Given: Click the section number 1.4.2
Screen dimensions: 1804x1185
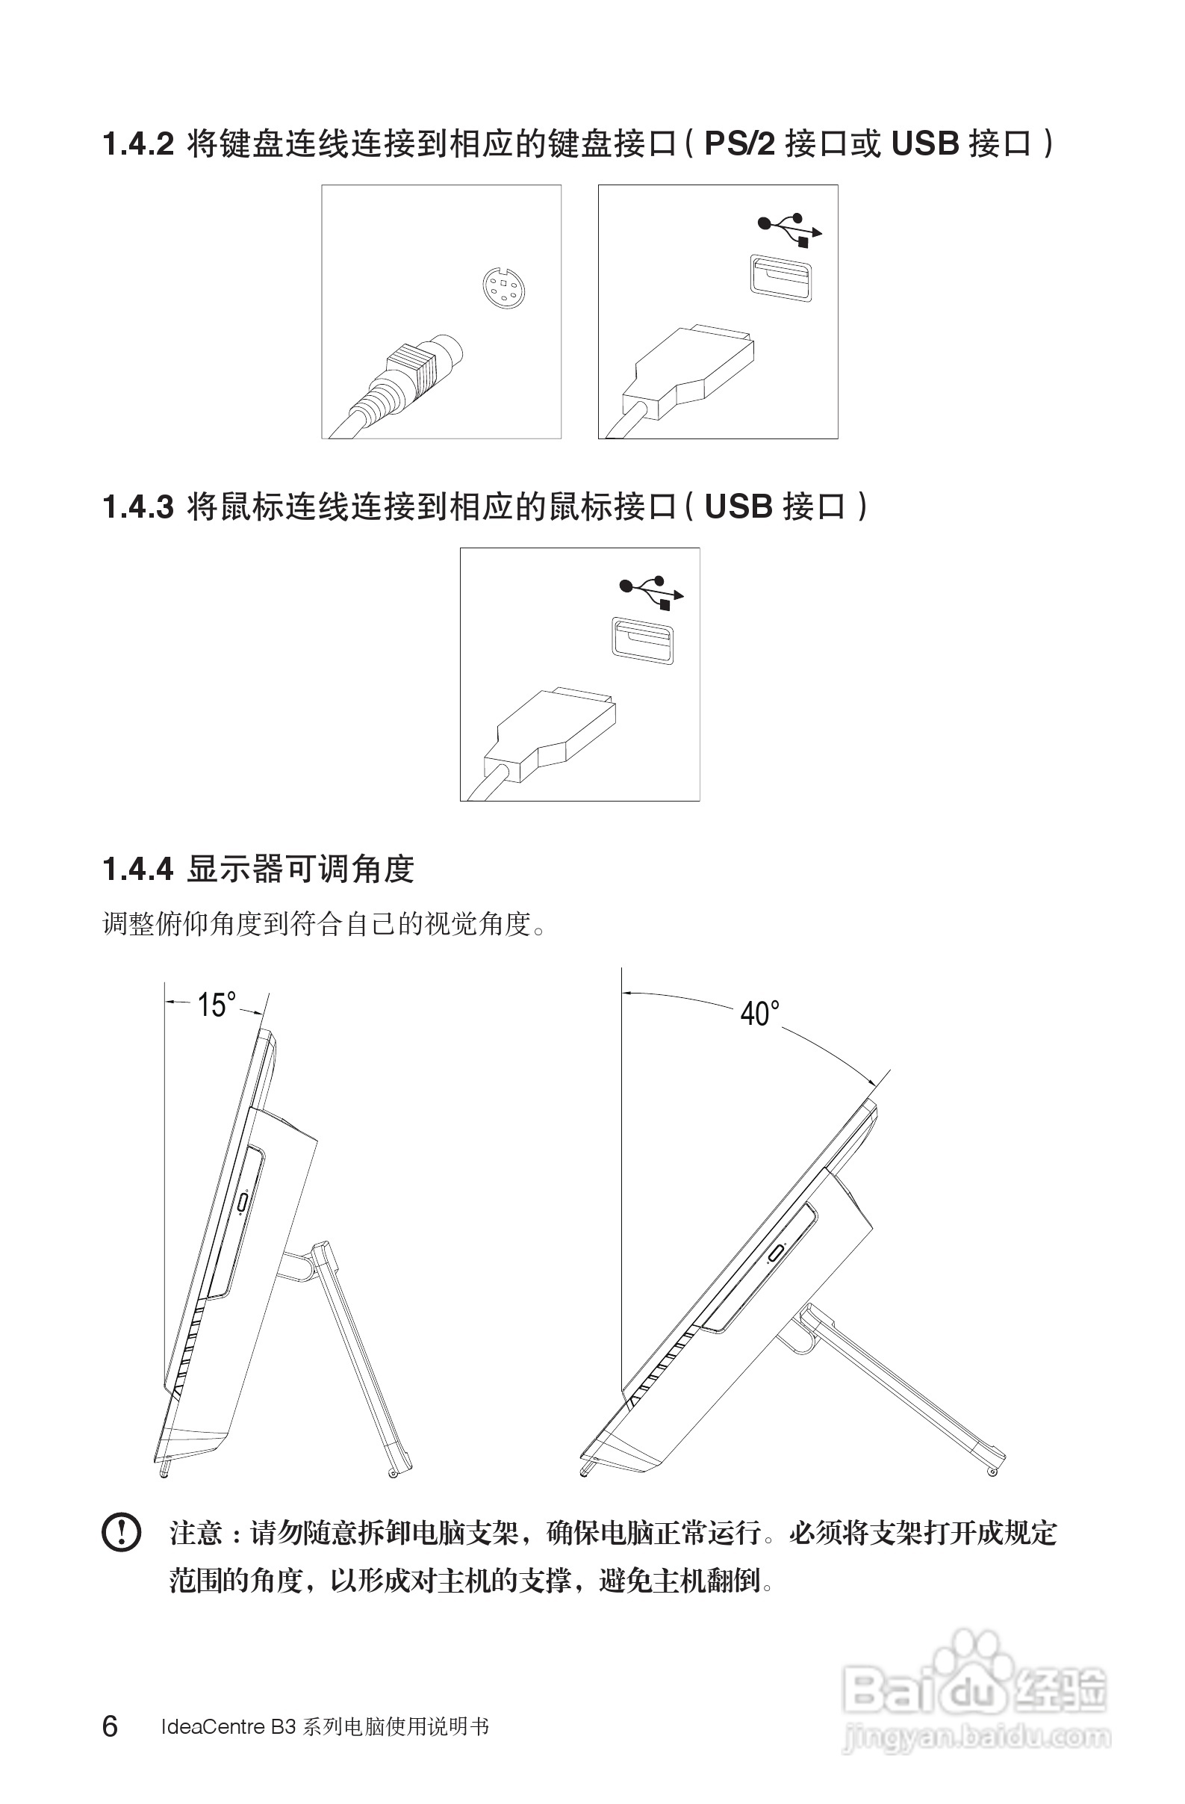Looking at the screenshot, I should point(138,144).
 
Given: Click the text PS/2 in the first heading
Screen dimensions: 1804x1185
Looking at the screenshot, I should point(739,144).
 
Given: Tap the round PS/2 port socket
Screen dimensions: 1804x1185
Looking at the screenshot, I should point(503,288).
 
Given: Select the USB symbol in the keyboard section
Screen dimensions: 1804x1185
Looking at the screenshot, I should point(789,228).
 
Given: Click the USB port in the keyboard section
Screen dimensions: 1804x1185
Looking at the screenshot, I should point(780,277).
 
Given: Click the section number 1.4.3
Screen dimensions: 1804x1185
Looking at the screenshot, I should point(138,506).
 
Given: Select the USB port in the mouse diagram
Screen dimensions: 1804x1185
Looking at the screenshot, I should point(642,639).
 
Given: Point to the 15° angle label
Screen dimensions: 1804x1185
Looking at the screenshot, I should point(216,1005).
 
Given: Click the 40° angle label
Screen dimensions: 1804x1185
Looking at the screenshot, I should point(759,1014).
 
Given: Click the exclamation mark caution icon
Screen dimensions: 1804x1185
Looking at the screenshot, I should point(121,1534).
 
